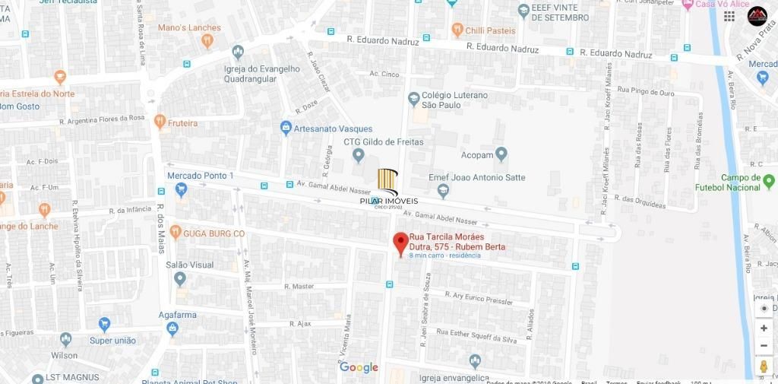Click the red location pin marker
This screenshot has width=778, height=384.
[x=400, y=245]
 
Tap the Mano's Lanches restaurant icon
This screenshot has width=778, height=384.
[x=207, y=41]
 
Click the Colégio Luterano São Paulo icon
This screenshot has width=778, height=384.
[x=413, y=99]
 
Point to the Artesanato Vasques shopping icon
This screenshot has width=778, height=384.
[x=286, y=129]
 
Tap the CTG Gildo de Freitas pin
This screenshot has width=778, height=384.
[x=359, y=156]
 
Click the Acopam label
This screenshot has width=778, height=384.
[x=477, y=154]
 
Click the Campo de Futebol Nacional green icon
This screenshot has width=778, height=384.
[x=769, y=181]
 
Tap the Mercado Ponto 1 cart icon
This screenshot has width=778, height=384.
[x=181, y=190]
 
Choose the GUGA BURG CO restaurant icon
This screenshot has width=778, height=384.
[x=176, y=232]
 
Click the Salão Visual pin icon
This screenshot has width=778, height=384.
[x=180, y=279]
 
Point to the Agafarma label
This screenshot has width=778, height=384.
[x=178, y=315]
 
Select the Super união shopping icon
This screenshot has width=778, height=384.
[x=104, y=325]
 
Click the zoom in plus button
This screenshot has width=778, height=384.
[x=764, y=328]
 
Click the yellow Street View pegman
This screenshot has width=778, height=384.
[x=764, y=367]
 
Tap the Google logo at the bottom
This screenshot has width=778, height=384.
[x=359, y=367]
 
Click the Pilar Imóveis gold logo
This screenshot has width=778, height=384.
[x=388, y=182]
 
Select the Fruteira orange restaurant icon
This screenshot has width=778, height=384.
[x=160, y=122]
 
